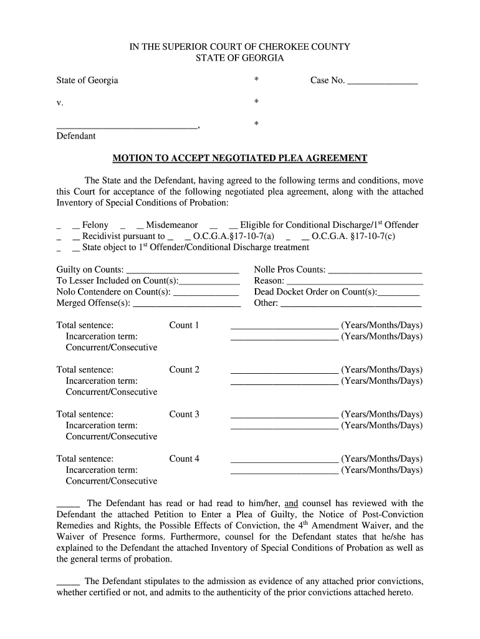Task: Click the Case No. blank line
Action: click(x=382, y=81)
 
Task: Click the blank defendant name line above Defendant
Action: click(x=127, y=125)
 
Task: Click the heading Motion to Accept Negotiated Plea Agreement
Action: click(x=240, y=159)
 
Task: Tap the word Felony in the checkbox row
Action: click(x=95, y=225)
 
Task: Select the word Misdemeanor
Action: click(x=172, y=225)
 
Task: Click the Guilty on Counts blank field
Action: click(x=182, y=270)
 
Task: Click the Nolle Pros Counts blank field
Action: click(x=375, y=270)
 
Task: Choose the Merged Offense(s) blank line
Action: click(x=187, y=304)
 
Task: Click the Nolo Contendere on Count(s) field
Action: click(x=206, y=293)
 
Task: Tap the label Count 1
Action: click(x=184, y=325)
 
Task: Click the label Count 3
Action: click(x=184, y=414)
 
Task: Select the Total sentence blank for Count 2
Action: click(x=284, y=370)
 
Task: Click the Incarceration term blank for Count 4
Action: click(x=284, y=471)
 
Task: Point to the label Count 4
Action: click(x=184, y=459)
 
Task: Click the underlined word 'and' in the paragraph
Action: click(x=292, y=504)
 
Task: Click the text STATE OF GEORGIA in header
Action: click(x=240, y=58)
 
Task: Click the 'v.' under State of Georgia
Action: click(x=59, y=102)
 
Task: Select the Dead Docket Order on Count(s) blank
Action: click(x=398, y=293)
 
